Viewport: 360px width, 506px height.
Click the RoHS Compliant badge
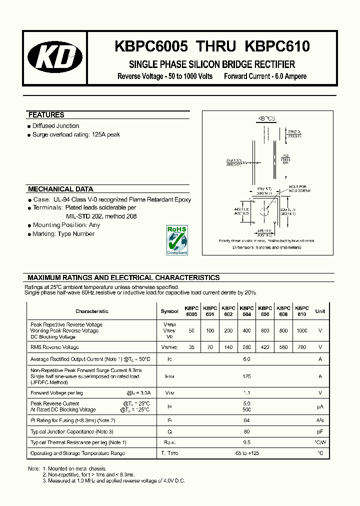tap(176, 240)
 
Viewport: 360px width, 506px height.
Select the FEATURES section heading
tap(46, 115)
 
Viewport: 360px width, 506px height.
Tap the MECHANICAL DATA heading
tap(60, 189)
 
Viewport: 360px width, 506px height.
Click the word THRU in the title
tap(216, 46)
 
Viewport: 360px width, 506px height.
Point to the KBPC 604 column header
tap(246, 311)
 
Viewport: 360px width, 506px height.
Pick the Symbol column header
tap(169, 311)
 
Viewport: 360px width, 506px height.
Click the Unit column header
tap(320, 311)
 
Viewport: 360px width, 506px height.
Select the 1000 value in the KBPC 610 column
tap(301, 331)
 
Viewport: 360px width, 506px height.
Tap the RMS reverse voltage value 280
tap(246, 347)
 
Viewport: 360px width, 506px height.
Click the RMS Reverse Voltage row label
tap(54, 347)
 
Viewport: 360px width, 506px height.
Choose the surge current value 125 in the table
tap(246, 376)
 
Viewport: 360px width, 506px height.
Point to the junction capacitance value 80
tap(246, 431)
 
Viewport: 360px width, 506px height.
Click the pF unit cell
tap(320, 431)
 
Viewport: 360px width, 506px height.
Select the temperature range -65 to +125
tap(246, 453)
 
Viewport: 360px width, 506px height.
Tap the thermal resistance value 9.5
tap(246, 442)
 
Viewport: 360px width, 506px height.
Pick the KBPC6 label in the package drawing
tap(266, 119)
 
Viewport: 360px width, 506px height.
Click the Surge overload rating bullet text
tap(76, 135)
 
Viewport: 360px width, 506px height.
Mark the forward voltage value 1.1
tap(246, 393)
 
